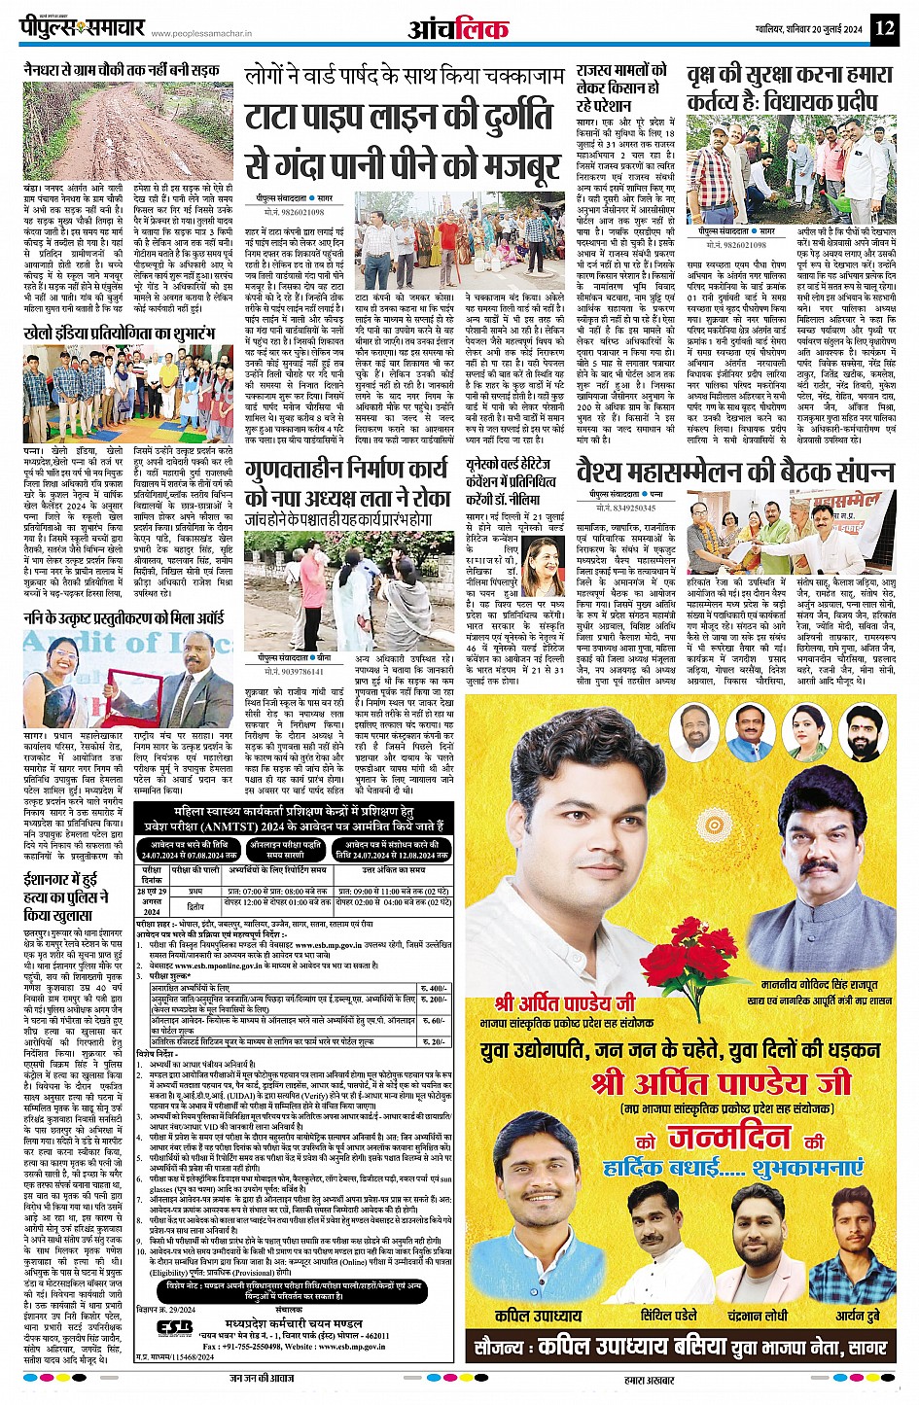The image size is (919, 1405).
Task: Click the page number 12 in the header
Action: (x=883, y=27)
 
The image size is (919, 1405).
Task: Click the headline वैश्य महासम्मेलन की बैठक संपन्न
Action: (x=734, y=472)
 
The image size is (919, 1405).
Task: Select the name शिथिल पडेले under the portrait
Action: (x=654, y=1315)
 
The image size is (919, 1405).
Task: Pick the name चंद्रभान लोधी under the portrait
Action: (x=759, y=1315)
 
